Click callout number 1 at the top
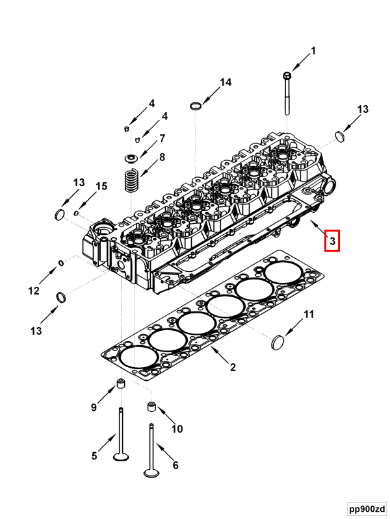point(313,51)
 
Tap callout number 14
point(225,82)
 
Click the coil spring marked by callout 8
point(131,180)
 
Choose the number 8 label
point(162,157)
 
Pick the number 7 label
point(162,138)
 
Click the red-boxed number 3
point(331,241)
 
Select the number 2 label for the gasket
point(233,368)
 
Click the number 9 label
point(94,407)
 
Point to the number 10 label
point(177,429)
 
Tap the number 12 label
point(34,291)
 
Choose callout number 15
point(101,187)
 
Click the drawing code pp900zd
point(365,507)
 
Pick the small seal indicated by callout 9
point(121,384)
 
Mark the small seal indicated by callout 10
point(151,407)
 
